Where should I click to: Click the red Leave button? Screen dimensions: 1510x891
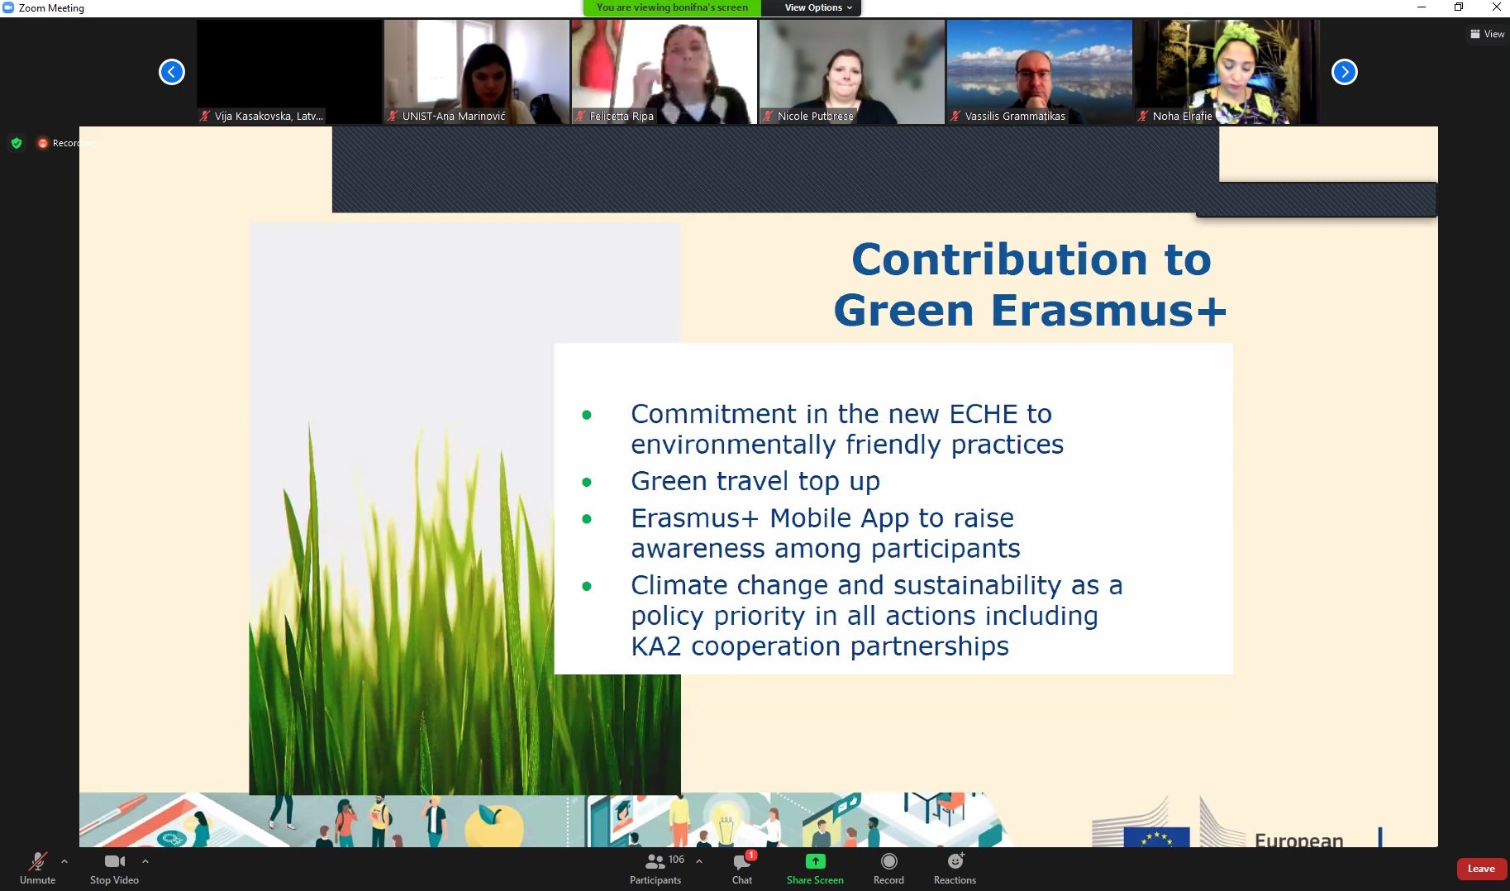1481,869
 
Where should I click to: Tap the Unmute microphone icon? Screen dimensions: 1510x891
37,862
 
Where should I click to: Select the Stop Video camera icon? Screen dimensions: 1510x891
115,861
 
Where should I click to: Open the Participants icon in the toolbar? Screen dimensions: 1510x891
655,862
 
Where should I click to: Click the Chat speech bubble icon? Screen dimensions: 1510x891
742,862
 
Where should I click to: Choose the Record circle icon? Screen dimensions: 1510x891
888,861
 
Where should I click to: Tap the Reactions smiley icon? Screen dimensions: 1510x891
955,861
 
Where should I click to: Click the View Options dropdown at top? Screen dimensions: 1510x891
817,7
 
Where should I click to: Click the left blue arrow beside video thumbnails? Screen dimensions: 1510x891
172,72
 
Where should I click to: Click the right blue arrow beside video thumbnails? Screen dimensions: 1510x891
1345,72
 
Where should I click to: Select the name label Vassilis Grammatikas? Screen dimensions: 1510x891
1015,117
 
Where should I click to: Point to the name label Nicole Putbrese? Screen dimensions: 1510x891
816,117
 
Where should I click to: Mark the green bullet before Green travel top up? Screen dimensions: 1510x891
587,482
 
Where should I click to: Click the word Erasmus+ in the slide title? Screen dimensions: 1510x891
1108,310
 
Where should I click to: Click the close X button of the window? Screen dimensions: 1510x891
1496,7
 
